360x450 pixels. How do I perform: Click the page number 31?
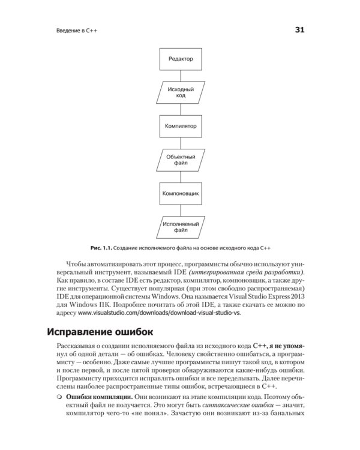299,29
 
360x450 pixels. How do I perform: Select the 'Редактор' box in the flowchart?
180,59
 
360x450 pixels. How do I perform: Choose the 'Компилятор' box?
180,127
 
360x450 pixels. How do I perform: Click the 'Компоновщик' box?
180,194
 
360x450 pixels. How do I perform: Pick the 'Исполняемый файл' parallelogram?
180,228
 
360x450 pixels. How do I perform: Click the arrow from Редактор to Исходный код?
180,76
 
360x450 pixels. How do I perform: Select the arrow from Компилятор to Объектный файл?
180,143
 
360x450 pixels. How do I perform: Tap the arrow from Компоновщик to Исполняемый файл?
180,211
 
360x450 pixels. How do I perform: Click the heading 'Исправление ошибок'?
99,331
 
